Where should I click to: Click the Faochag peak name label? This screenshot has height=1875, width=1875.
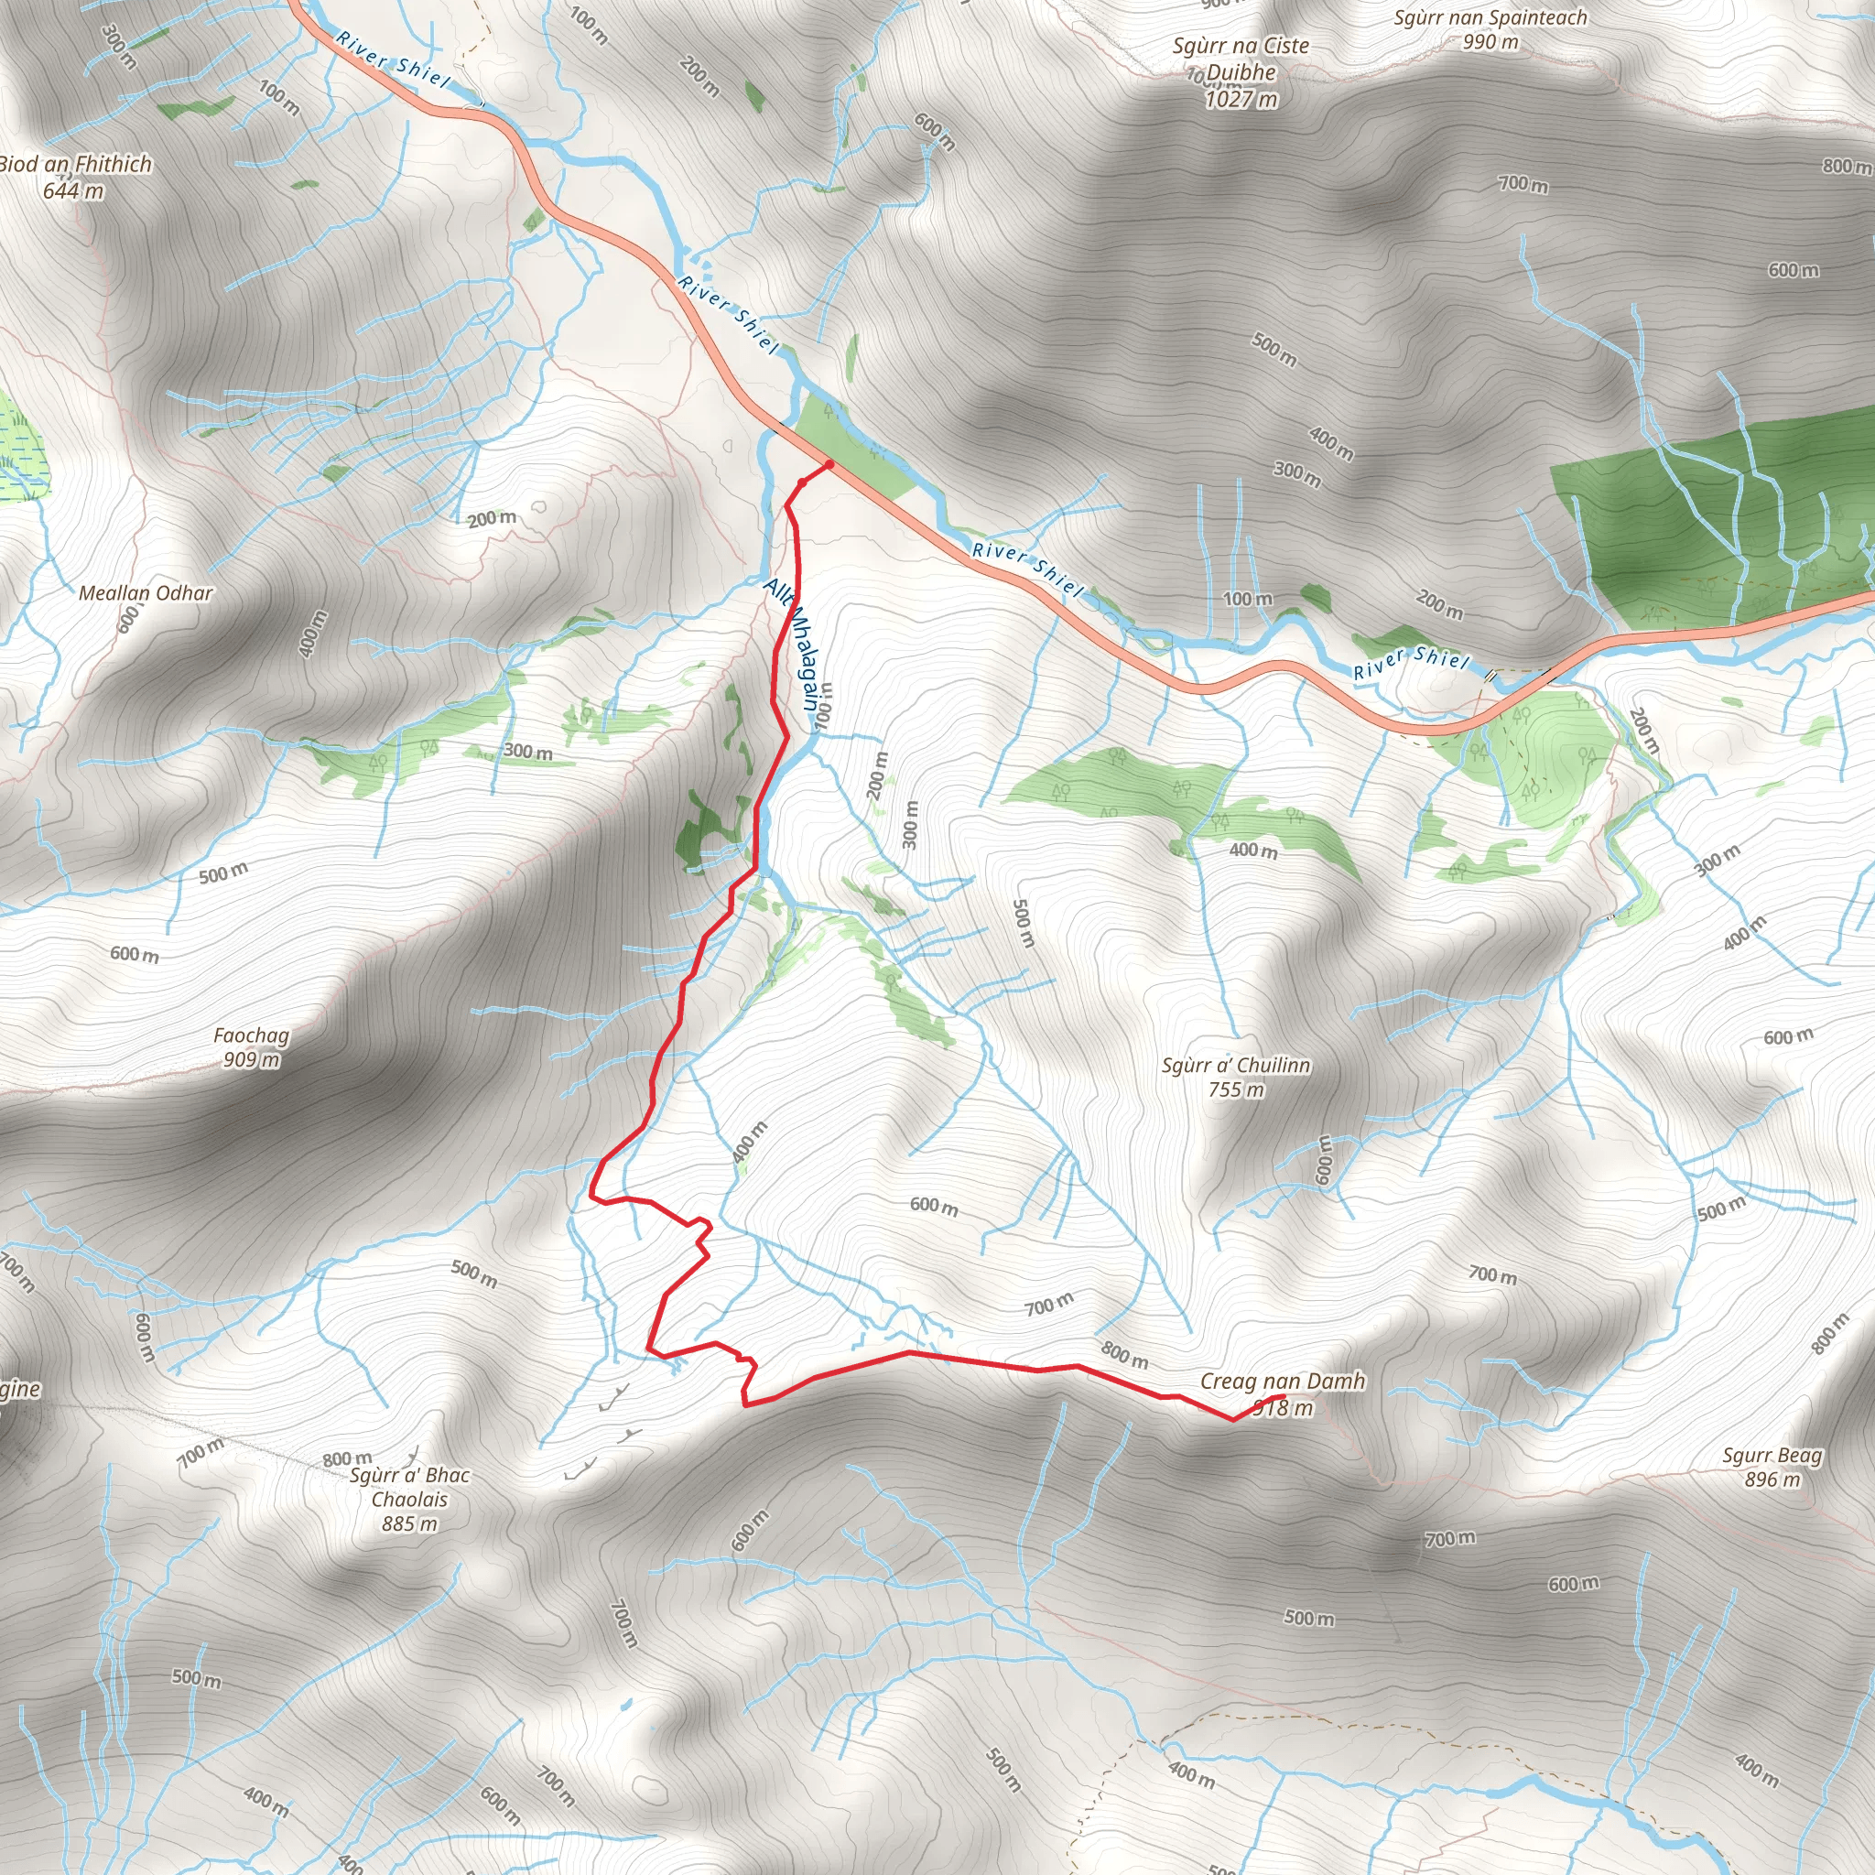[252, 1035]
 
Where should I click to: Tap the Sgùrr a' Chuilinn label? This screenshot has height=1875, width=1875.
[1235, 1065]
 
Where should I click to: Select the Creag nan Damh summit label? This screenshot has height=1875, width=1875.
[1282, 1380]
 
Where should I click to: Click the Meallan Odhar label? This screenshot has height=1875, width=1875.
[146, 592]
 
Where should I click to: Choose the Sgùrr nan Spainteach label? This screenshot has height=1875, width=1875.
[1490, 17]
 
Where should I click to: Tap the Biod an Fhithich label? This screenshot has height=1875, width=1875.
[76, 164]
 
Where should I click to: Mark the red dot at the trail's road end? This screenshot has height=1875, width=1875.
[829, 465]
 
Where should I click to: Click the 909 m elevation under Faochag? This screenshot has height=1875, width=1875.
[252, 1060]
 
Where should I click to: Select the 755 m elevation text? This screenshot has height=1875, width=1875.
[1236, 1089]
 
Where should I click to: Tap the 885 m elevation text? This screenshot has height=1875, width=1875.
[409, 1523]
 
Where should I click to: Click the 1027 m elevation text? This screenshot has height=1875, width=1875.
[1241, 99]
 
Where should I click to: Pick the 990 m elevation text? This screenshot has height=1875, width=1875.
[1490, 42]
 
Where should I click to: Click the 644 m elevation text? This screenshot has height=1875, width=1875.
[74, 190]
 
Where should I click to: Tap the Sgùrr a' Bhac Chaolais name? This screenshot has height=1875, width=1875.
[409, 1487]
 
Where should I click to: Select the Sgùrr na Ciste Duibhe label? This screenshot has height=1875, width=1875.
[1241, 59]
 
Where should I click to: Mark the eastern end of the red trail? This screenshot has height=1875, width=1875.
[1283, 1396]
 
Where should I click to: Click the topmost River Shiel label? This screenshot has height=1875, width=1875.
[393, 59]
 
